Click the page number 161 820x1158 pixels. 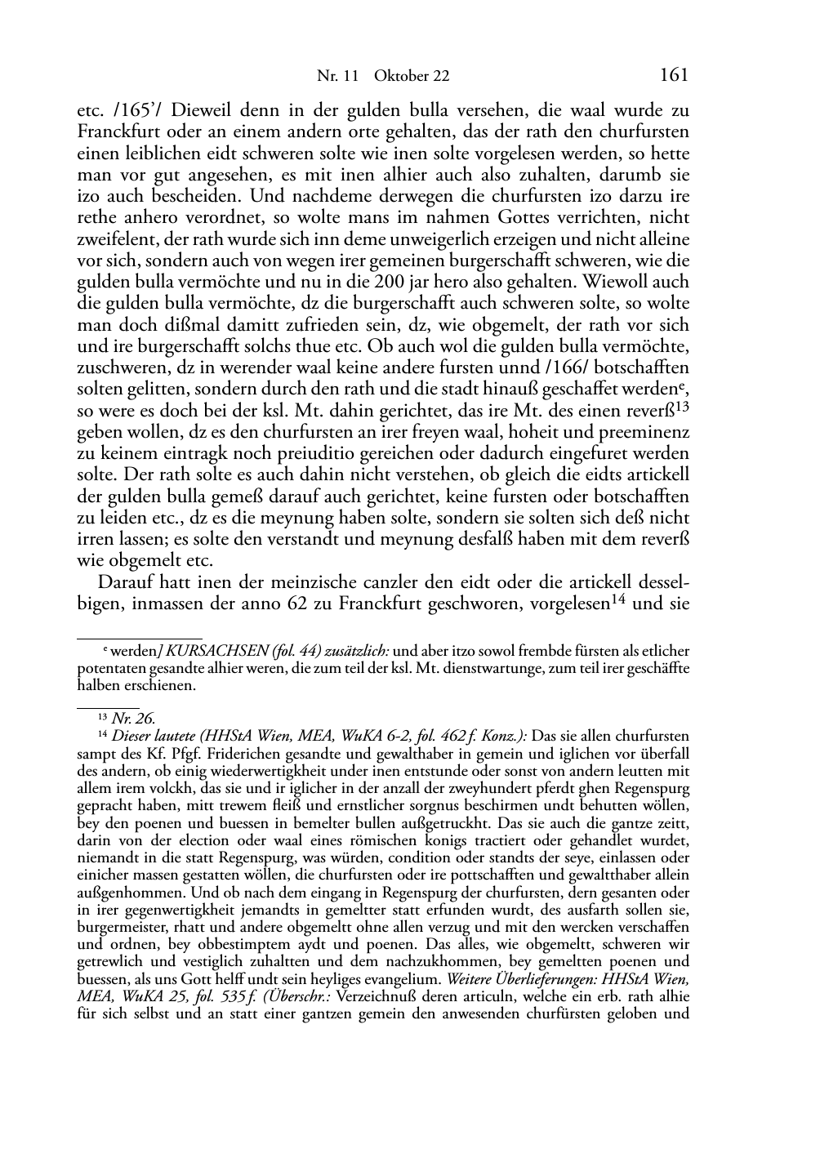pos(673,75)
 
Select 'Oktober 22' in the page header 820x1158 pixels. pos(412,77)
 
